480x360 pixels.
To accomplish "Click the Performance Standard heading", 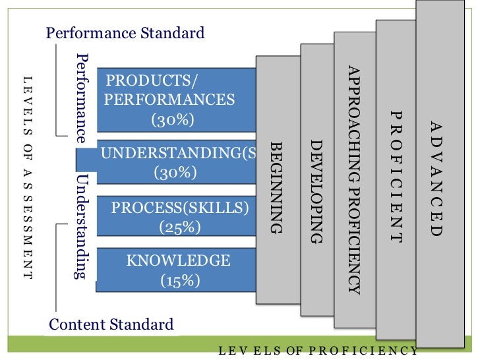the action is [125, 32].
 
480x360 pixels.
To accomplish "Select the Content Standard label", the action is [111, 324].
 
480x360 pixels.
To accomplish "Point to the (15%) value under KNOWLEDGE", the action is [180, 280].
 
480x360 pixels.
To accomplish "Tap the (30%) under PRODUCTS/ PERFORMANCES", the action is [173, 119].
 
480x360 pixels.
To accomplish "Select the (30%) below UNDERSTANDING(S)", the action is [175, 173].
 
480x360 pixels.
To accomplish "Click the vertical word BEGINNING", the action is [277, 187].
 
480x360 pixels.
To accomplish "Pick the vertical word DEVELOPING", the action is [316, 191].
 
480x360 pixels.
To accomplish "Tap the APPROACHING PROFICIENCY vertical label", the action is [354, 179].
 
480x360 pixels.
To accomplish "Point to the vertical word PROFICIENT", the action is [395, 177].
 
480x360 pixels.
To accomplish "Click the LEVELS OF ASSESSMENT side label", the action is [27, 176].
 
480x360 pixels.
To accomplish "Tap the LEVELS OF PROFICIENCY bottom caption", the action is [318, 351].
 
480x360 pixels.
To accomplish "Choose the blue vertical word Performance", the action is [82, 98].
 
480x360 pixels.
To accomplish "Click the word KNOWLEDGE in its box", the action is [179, 260].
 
